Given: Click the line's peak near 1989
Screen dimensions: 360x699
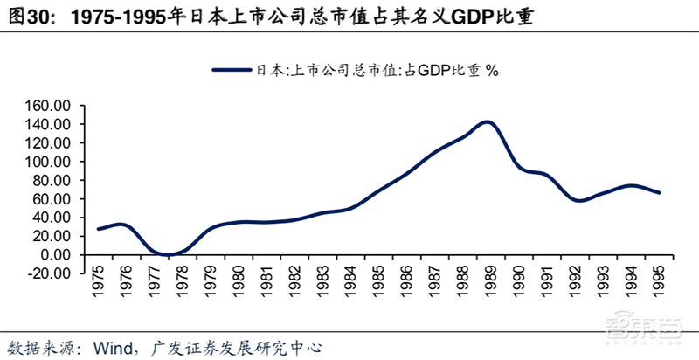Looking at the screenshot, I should pos(487,122).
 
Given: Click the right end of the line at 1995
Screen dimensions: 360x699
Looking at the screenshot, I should pos(658,193).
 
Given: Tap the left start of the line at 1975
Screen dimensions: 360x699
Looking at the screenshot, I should pos(98,229).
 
